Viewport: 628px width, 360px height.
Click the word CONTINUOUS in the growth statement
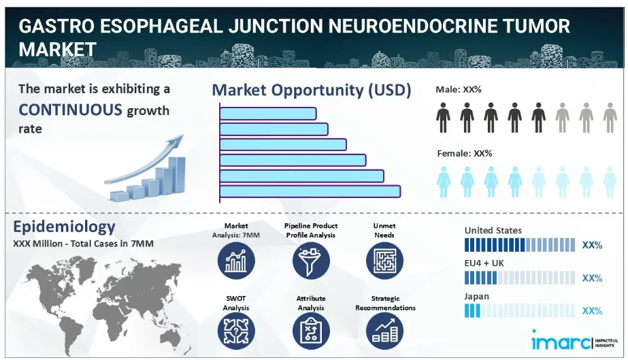pos(70,110)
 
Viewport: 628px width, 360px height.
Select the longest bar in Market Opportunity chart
pos(310,191)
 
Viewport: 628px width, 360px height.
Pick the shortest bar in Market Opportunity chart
pos(268,114)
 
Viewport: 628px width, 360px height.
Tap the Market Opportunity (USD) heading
pos(311,90)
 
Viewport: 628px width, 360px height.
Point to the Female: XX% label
pos(465,153)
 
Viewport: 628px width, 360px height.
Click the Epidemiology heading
pos(64,227)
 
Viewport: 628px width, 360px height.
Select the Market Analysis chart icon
pos(236,261)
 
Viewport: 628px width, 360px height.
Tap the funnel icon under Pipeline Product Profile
pos(311,261)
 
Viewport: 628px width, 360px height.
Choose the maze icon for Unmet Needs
pos(384,261)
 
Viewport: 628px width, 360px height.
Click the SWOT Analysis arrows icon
pos(236,331)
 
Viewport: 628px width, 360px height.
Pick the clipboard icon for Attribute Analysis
pos(311,331)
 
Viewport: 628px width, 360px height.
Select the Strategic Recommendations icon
pos(384,331)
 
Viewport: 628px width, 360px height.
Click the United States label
pos(493,230)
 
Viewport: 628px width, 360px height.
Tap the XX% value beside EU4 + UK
pos(592,278)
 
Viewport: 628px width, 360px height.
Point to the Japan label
pos(476,297)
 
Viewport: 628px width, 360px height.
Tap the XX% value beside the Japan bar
pos(592,311)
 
